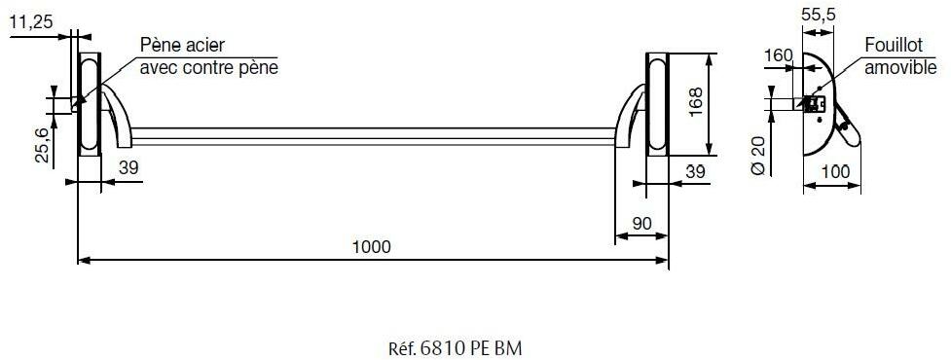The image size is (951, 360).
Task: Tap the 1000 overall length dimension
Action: (x=372, y=246)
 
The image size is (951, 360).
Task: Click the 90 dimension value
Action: (x=641, y=223)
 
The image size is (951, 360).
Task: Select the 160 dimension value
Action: (x=778, y=54)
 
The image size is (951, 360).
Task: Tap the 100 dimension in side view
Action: (x=835, y=171)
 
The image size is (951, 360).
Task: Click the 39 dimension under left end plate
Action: (x=128, y=167)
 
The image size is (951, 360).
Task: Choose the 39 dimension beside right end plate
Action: (x=693, y=171)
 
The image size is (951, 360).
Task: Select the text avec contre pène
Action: (x=209, y=68)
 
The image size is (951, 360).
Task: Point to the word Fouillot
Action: (x=896, y=47)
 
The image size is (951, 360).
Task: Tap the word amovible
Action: (x=900, y=68)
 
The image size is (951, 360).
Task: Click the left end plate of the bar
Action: (x=89, y=105)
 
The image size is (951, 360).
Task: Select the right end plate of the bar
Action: (x=656, y=105)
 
